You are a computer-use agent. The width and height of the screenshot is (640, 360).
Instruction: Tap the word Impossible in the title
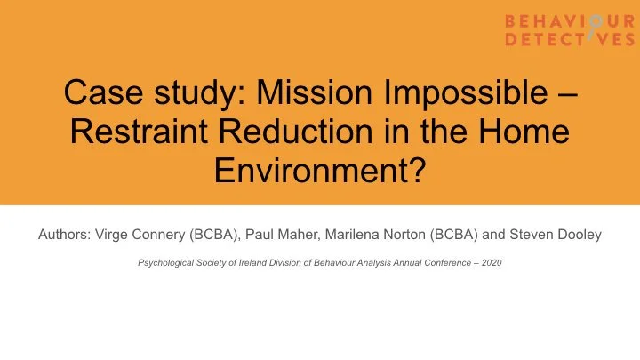(468, 92)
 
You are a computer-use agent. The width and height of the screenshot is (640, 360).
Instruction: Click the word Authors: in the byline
(63, 236)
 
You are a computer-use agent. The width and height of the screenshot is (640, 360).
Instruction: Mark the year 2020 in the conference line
(492, 263)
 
